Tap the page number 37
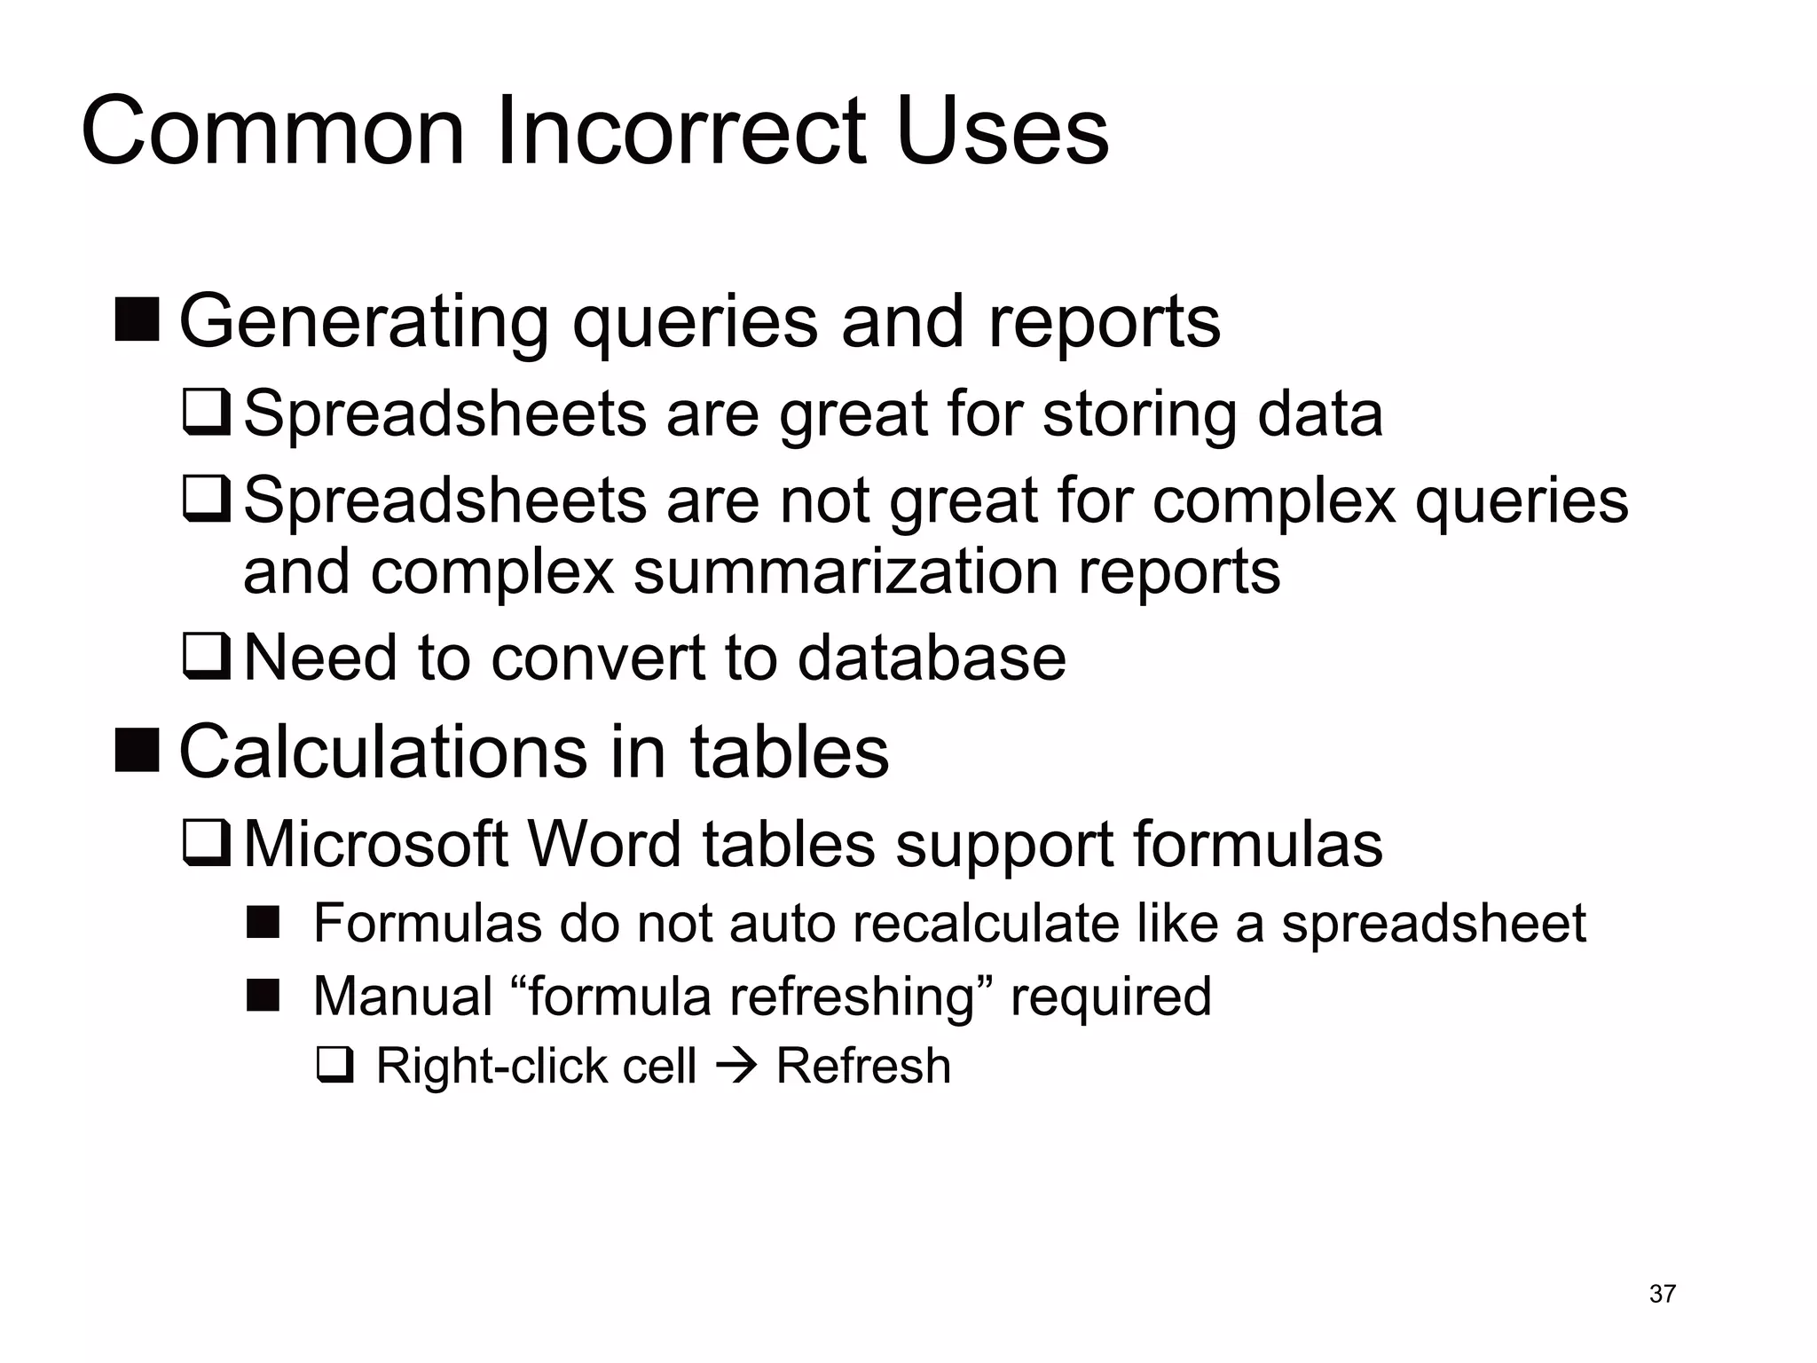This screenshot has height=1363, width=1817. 1662,1294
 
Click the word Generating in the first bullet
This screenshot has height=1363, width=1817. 364,322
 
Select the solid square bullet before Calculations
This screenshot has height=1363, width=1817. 138,750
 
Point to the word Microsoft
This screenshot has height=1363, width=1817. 375,843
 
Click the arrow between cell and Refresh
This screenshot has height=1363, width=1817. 735,1065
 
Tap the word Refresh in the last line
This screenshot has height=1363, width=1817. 863,1065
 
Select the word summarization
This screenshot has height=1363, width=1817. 846,571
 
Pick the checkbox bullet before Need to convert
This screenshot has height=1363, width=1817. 207,658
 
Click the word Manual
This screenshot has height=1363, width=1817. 403,996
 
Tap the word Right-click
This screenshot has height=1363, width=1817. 492,1065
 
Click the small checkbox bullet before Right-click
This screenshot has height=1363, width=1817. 334,1065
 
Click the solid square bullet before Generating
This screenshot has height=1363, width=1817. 138,320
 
